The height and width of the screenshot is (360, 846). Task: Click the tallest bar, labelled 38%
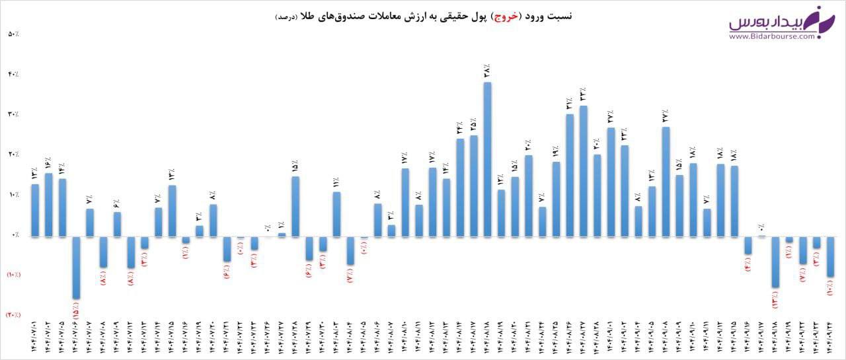click(488, 159)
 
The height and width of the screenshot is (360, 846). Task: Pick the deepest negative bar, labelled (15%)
click(76, 268)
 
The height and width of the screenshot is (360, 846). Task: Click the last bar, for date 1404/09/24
click(830, 257)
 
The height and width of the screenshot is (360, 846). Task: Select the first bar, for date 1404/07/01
click(35, 210)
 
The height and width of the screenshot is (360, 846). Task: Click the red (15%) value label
click(76, 311)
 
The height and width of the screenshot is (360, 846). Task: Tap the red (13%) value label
click(775, 299)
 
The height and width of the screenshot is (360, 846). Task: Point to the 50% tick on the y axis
click(14, 34)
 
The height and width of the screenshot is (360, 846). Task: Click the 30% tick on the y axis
click(14, 114)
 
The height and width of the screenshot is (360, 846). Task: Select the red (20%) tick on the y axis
click(14, 315)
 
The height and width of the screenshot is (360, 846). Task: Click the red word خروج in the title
click(507, 16)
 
